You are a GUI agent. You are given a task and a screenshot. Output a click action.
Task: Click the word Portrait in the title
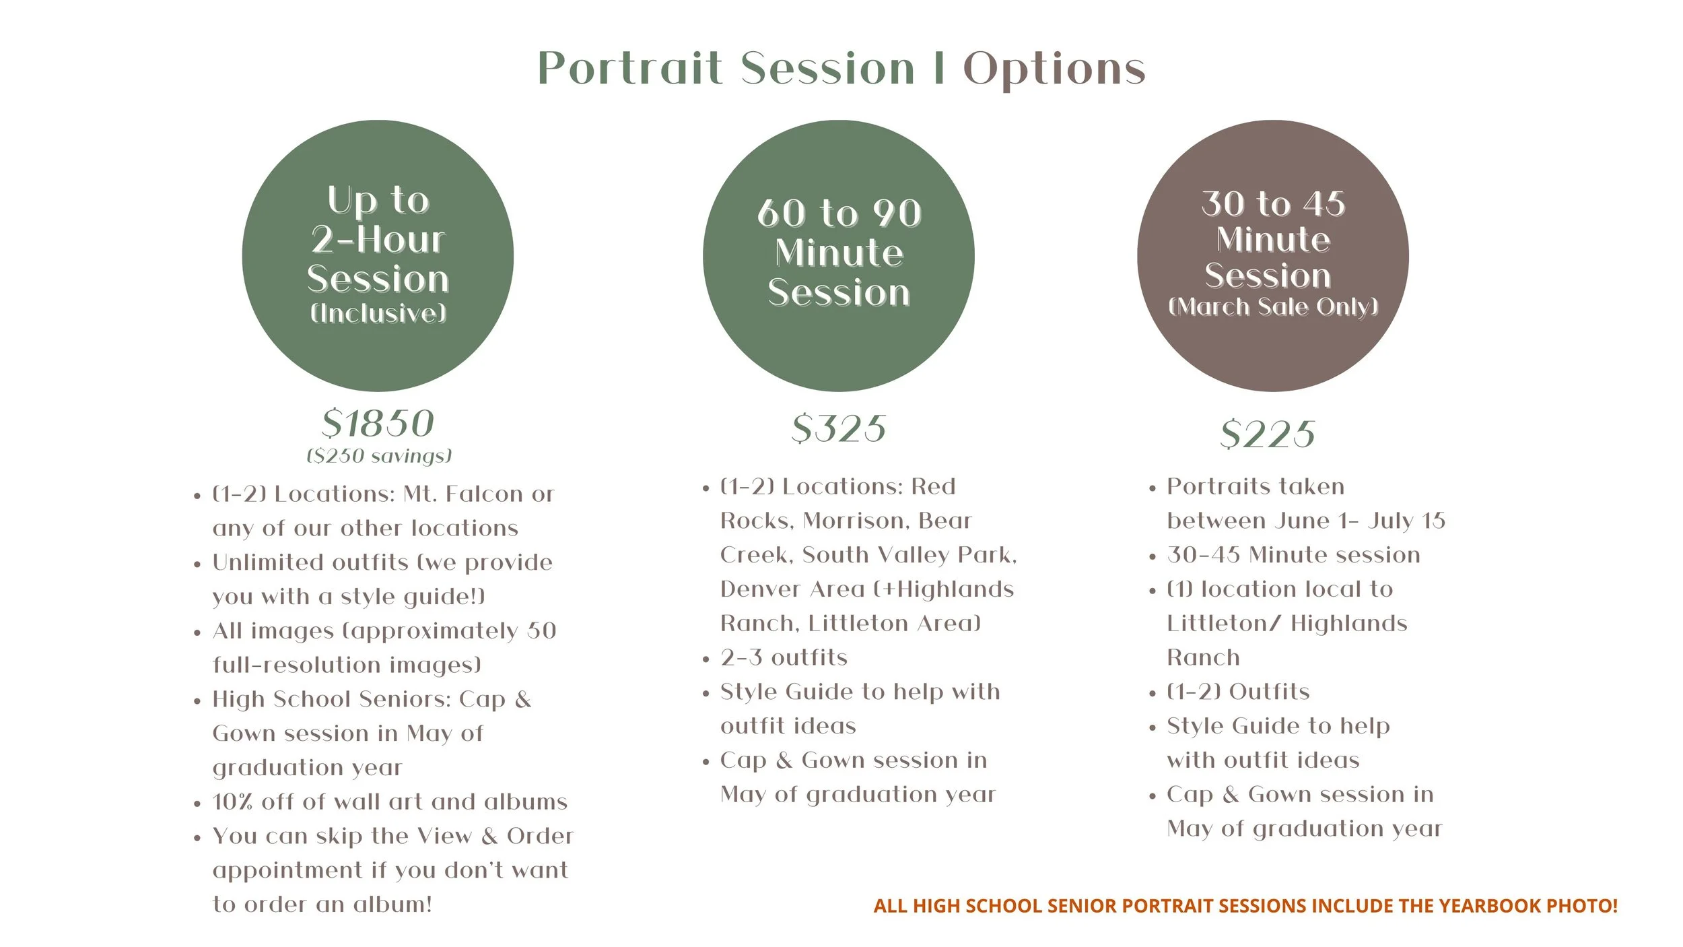[x=630, y=69]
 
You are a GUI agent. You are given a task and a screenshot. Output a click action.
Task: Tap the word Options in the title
[x=1054, y=70]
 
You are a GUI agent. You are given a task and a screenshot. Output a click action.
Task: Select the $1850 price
[x=378, y=424]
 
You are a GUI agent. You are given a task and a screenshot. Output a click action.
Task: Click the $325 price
[x=839, y=428]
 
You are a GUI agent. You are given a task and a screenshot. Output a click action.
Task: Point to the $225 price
[x=1268, y=434]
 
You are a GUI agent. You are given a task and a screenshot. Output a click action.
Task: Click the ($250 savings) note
[x=379, y=456]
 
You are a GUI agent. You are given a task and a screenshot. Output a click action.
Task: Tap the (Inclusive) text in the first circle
[x=378, y=313]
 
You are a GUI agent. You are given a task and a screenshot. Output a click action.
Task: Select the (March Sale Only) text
[x=1273, y=307]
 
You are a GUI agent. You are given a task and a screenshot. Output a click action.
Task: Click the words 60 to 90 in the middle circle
[x=839, y=214]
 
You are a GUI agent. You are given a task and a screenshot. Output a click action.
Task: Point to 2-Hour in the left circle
[x=378, y=240]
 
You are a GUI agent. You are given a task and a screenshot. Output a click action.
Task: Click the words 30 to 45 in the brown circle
[x=1273, y=204]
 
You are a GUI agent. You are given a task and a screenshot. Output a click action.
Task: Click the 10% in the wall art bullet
[x=232, y=802]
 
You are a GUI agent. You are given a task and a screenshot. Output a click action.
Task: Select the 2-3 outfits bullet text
[x=784, y=657]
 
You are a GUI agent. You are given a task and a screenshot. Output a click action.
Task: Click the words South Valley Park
[x=909, y=555]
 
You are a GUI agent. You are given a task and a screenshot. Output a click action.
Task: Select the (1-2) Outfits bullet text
[x=1238, y=692]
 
